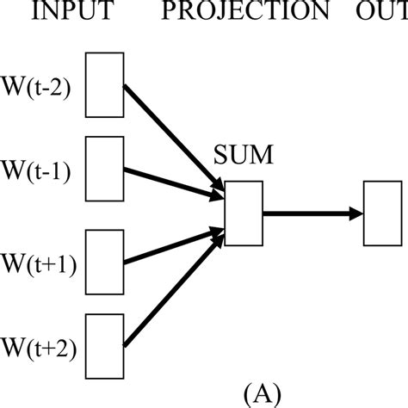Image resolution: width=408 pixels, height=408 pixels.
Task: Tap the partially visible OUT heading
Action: [380, 12]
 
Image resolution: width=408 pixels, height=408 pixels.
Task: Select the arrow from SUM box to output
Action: [310, 213]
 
